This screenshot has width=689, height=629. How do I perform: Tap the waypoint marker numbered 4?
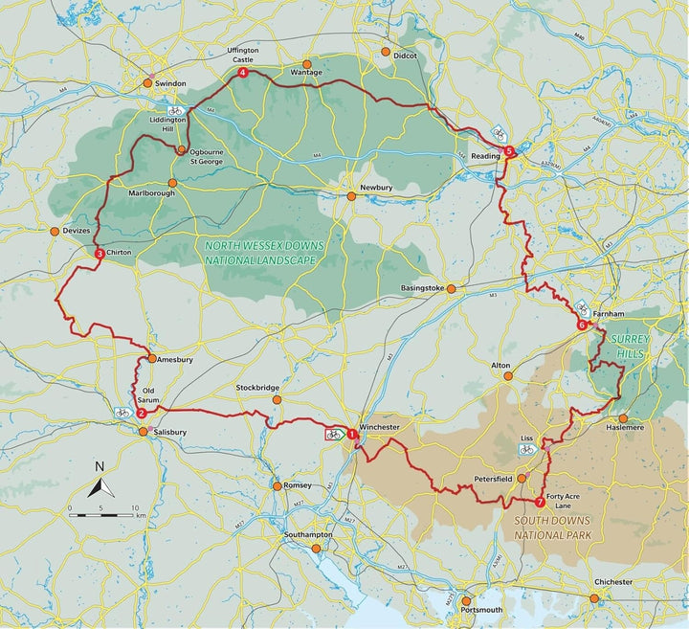point(243,73)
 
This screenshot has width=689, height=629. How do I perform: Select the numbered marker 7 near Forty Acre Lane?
point(540,501)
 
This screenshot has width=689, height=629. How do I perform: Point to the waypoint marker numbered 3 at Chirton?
point(100,254)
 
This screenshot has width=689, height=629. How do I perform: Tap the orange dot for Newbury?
point(351,196)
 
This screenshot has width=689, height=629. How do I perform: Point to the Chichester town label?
point(613,582)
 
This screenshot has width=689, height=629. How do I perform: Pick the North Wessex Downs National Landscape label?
point(265,253)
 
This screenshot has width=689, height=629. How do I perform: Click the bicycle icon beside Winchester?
point(332,434)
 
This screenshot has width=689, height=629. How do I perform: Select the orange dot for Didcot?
point(386,52)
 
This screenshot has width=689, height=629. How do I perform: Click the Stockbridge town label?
point(257,388)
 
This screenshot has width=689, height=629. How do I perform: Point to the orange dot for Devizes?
point(55,231)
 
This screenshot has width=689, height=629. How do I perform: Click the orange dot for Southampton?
point(315,548)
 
